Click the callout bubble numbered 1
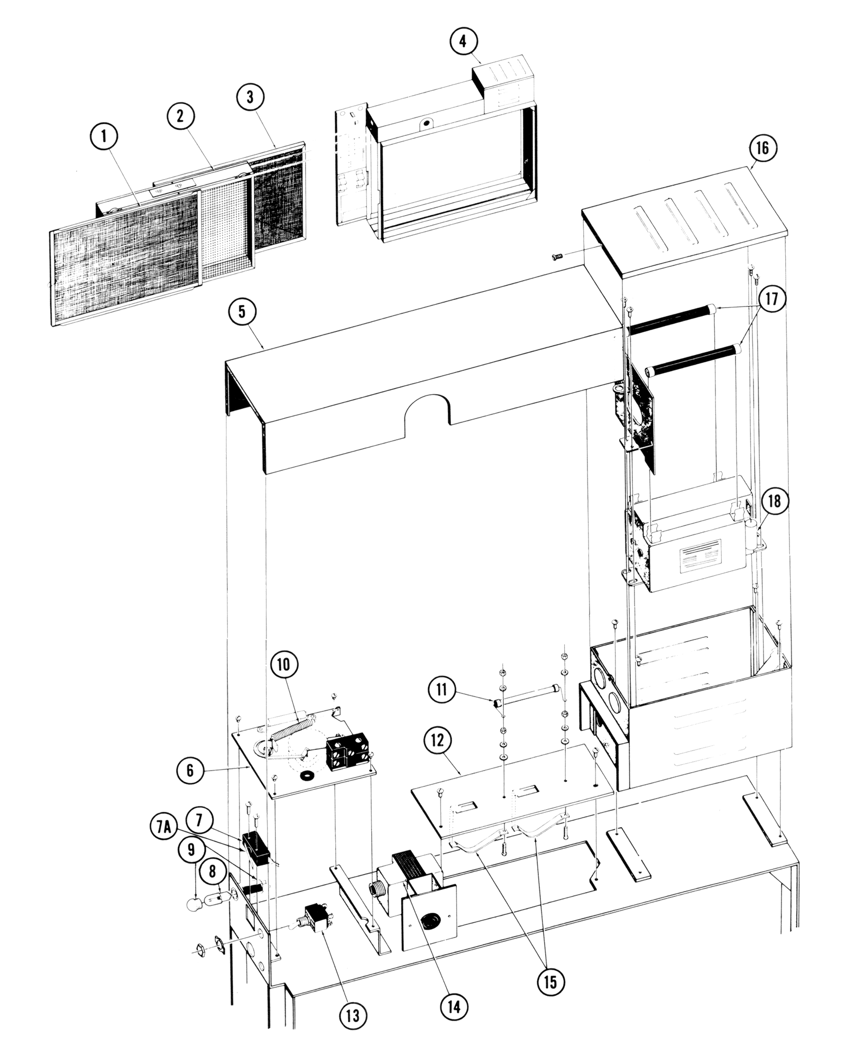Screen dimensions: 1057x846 [104, 136]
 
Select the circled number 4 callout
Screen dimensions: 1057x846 [463, 41]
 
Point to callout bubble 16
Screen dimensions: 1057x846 [762, 149]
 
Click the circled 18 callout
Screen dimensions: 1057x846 [774, 500]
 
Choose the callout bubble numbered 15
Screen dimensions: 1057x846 [550, 982]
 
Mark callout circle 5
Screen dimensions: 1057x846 [242, 311]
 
